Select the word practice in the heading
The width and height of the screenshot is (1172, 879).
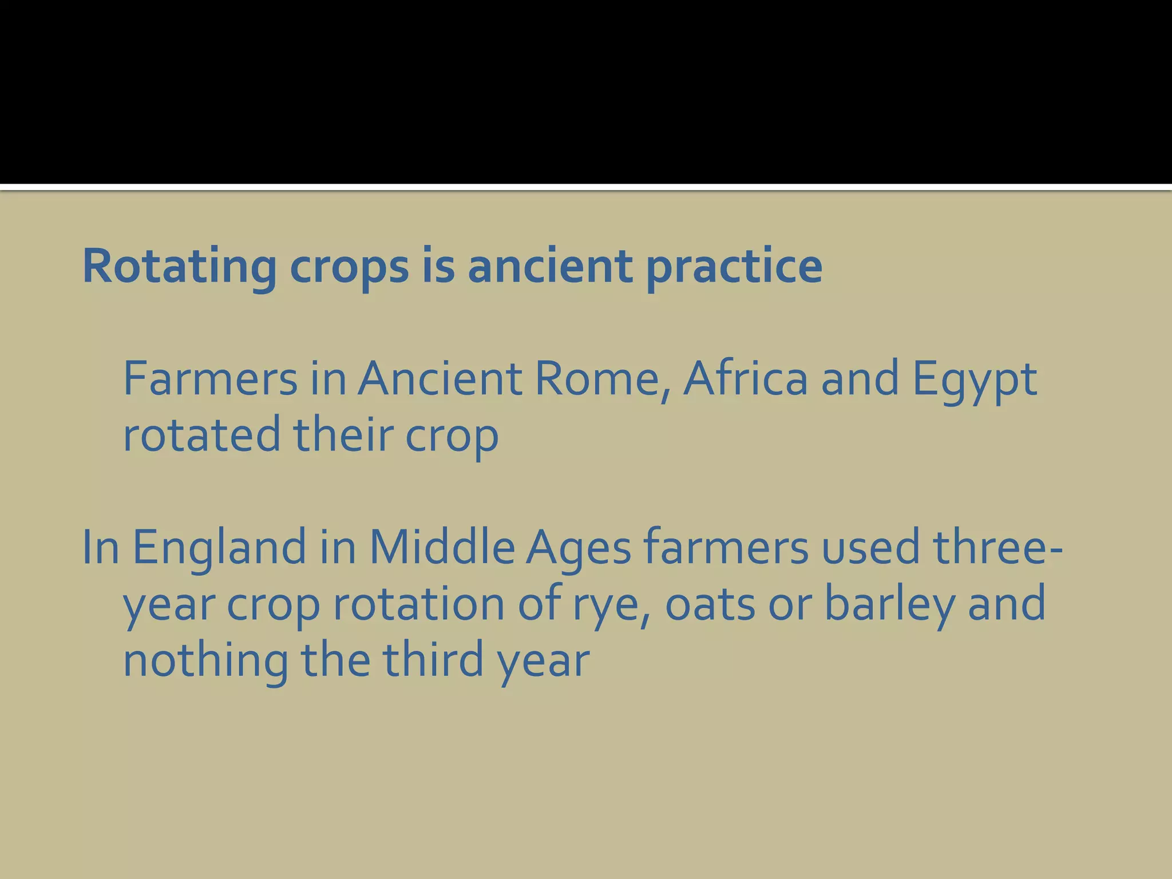734,267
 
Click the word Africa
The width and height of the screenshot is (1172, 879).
746,378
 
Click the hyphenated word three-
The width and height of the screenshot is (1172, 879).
998,547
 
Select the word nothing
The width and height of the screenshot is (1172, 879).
205,660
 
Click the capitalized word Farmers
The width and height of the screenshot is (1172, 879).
210,378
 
